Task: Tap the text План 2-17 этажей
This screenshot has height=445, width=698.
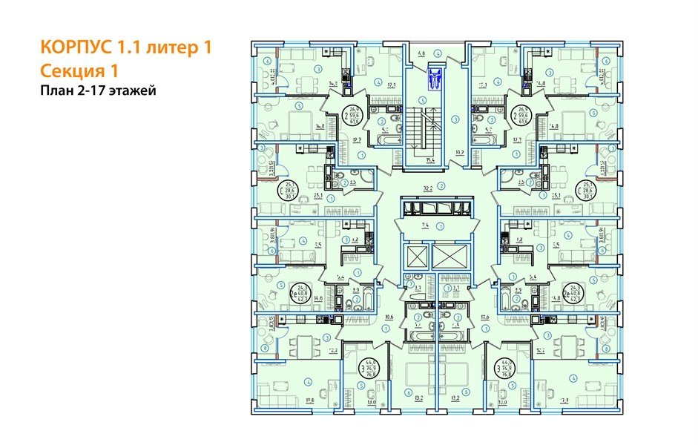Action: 98,90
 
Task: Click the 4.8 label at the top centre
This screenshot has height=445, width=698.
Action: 421,53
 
